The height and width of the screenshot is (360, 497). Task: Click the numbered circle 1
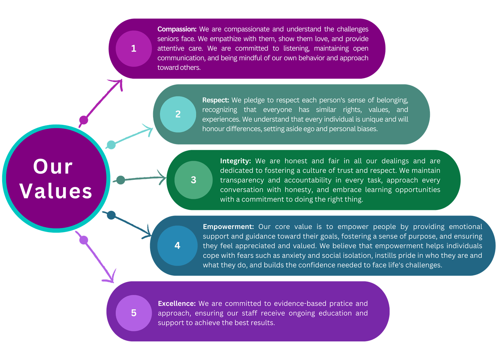(x=134, y=48)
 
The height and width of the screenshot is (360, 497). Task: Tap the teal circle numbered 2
(x=178, y=114)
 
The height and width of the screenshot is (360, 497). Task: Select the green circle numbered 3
(x=194, y=180)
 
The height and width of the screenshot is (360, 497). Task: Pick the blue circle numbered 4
(x=177, y=246)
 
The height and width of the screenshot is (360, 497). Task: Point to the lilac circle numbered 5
(x=134, y=313)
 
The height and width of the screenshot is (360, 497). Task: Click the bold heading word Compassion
(x=177, y=29)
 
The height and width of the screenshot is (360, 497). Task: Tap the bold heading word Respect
(x=216, y=100)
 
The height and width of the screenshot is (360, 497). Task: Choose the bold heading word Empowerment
(x=228, y=227)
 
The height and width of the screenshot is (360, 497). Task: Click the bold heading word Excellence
(x=177, y=303)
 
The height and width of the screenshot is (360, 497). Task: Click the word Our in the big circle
(x=53, y=167)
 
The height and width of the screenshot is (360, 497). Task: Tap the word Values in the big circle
(x=56, y=191)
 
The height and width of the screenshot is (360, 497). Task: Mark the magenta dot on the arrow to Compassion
(x=84, y=120)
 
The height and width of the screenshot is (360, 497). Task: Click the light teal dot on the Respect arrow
(x=111, y=145)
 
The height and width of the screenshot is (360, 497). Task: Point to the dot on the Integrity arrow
(x=121, y=180)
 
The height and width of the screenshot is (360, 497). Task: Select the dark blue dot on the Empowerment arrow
(x=111, y=215)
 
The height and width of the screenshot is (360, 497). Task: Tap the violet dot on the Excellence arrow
(x=84, y=240)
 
